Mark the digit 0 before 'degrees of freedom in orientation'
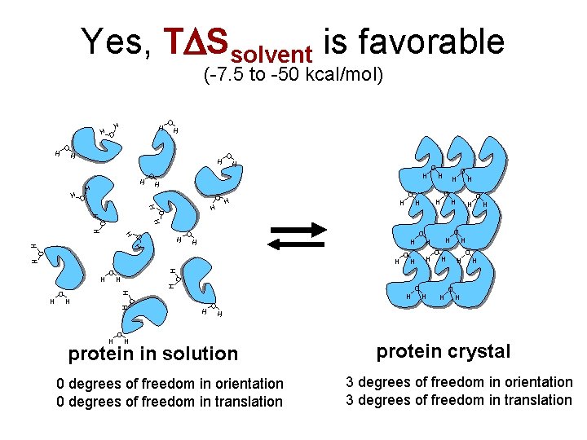(60, 383)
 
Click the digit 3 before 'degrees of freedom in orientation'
(350, 381)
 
